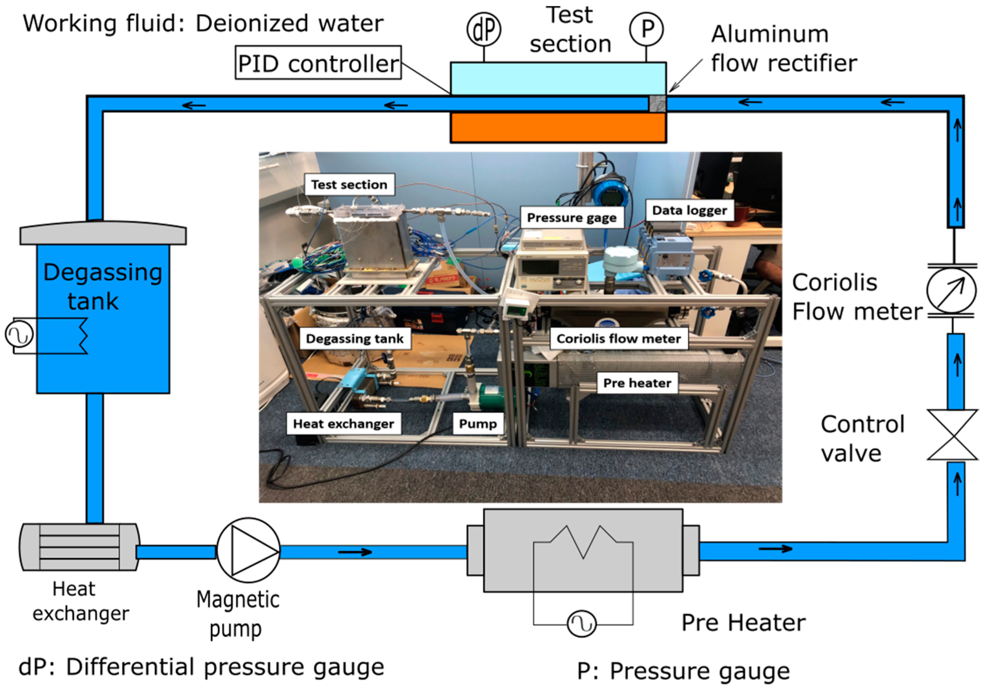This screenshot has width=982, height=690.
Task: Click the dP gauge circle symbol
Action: (x=484, y=29)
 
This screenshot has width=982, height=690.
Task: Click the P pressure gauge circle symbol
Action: (x=646, y=29)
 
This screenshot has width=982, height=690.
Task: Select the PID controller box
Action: (x=318, y=62)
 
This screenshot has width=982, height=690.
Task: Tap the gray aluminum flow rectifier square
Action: (x=657, y=104)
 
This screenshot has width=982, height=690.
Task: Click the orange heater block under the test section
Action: (x=558, y=127)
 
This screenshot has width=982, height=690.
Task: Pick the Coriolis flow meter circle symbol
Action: (x=951, y=291)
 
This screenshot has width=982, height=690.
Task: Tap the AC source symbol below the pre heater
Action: (x=582, y=624)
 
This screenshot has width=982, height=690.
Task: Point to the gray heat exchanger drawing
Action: (x=80, y=547)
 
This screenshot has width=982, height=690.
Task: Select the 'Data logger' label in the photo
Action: (x=689, y=210)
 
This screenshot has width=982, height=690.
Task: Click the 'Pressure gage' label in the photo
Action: (x=572, y=218)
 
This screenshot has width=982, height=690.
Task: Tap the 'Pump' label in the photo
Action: (x=478, y=424)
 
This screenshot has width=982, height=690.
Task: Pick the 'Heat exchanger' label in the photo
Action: (x=343, y=424)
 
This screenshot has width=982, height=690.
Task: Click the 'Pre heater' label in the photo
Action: (x=637, y=383)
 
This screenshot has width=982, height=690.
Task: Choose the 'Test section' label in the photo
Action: (x=349, y=184)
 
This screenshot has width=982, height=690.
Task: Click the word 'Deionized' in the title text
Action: (x=252, y=24)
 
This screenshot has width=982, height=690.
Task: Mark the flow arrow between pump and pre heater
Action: (x=355, y=552)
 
